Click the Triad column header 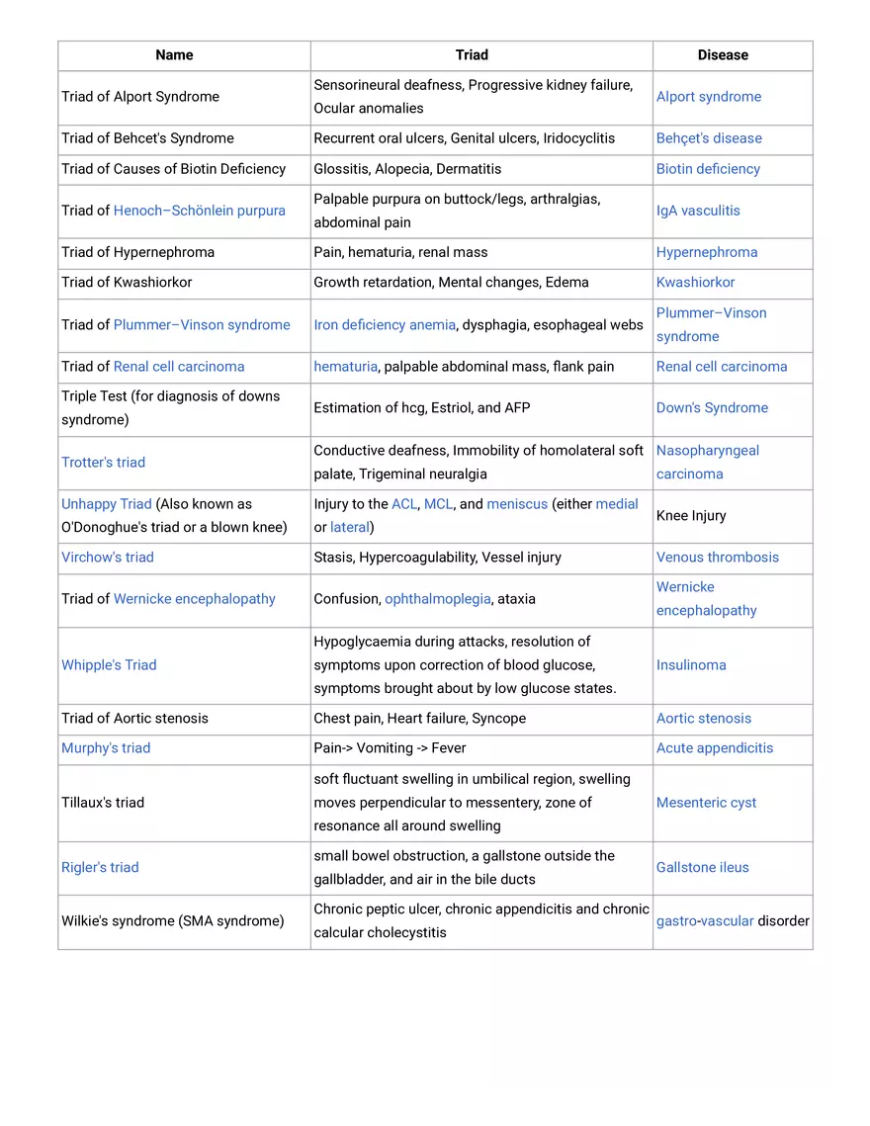point(472,55)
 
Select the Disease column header point(723,55)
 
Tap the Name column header point(174,55)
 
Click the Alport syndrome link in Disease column point(708,97)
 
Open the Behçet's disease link point(708,138)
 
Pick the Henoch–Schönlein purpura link point(199,211)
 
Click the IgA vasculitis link point(697,211)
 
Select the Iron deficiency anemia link point(385,325)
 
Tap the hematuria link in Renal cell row point(345,367)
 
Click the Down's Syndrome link point(711,408)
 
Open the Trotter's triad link point(103,463)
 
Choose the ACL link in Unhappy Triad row point(403,504)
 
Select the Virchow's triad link point(107,558)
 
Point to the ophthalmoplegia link point(437,599)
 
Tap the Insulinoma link point(690,665)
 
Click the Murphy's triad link point(106,748)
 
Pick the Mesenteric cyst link point(706,803)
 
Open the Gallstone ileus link point(702,868)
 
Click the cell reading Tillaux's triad point(102,803)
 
